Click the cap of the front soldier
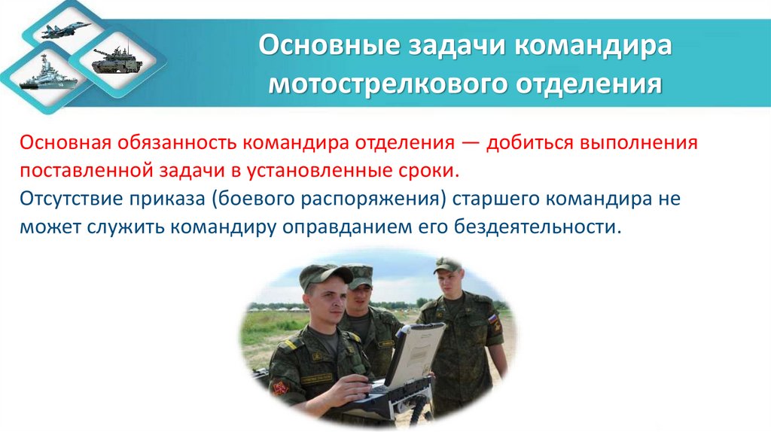tap(323, 275)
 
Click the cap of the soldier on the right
tap(448, 265)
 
